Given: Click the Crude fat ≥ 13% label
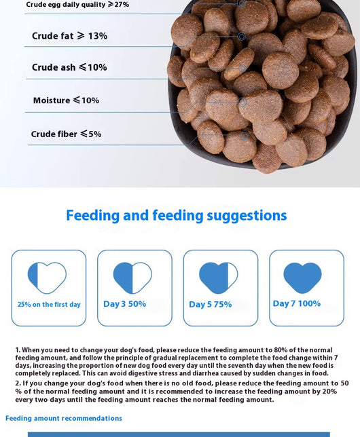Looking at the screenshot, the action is point(69,36).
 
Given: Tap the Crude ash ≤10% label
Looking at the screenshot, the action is point(69,67).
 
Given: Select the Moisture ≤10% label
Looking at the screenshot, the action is point(66,100).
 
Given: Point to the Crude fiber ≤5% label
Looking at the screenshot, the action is point(66,134).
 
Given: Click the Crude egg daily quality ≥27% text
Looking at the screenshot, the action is point(77,5).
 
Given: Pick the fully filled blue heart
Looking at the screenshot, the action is point(302,278).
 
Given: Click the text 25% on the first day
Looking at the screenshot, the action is point(49,304).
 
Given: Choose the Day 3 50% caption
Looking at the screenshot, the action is point(125,304).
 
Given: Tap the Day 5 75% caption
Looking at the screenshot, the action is point(211,304).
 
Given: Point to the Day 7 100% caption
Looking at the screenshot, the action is point(297,303).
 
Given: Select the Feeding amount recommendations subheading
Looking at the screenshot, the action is point(64,418).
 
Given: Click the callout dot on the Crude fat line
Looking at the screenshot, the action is point(242,36).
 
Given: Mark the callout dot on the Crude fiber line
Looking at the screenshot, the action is point(245,136).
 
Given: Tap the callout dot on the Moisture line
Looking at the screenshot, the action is point(242,102).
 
